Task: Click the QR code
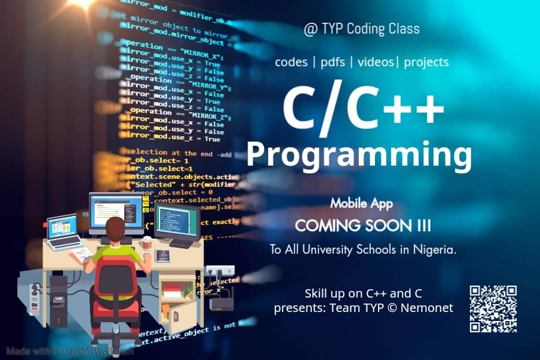pos(493,308)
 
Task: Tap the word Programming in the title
pos(359,154)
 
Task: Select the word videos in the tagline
pos(376,62)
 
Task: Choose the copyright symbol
pos(392,308)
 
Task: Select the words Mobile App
pos(361,204)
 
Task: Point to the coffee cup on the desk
pos(146,242)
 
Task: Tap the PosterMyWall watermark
pos(70,351)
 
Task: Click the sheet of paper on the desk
pos(82,254)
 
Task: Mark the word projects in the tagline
pos(426,62)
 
